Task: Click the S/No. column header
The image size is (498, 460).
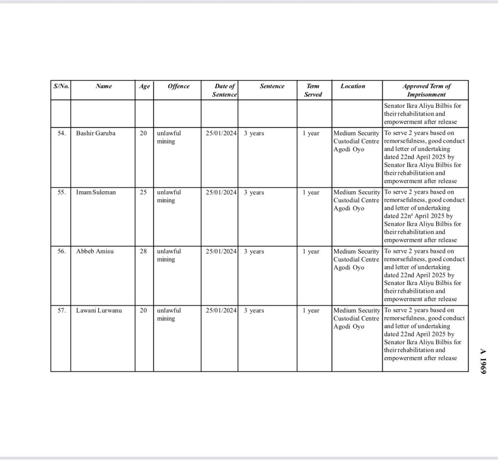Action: [61, 86]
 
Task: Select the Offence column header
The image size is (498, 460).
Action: [178, 86]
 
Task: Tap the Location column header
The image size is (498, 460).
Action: [353, 86]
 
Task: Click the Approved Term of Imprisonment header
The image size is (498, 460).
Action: [426, 90]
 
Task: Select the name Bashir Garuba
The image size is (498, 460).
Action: [96, 133]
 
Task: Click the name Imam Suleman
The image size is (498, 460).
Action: [96, 193]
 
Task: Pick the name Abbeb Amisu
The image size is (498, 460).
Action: [95, 251]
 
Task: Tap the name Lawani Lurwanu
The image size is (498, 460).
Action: [99, 311]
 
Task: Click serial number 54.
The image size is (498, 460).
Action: [61, 133]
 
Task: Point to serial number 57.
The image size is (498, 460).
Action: [61, 311]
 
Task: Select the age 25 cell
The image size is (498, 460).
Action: [143, 193]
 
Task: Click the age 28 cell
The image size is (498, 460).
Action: [143, 251]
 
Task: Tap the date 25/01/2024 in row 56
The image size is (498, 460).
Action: [221, 251]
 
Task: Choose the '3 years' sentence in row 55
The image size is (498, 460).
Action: [254, 193]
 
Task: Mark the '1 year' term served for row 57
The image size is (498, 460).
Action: [311, 311]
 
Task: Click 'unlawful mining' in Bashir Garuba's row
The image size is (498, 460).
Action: [169, 137]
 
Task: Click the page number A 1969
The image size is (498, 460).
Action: [483, 361]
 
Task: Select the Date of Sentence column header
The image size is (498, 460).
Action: [224, 90]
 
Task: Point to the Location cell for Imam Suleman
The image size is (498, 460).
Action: [356, 200]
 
